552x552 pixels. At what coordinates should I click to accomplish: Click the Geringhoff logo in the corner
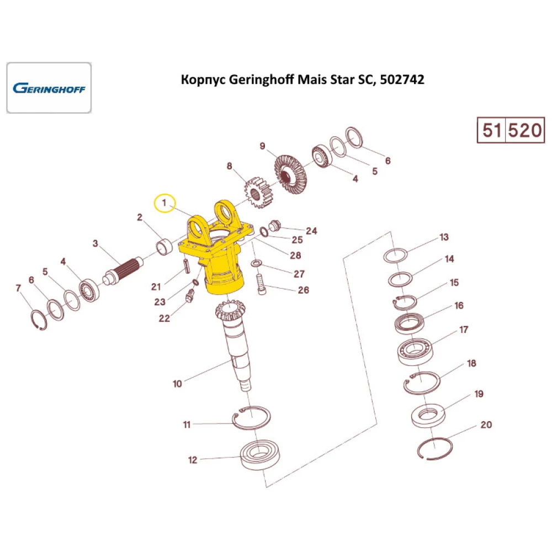pyautogui.click(x=49, y=88)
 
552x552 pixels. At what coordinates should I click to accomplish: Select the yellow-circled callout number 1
pyautogui.click(x=164, y=204)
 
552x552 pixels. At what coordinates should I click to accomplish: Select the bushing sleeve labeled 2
pyautogui.click(x=164, y=247)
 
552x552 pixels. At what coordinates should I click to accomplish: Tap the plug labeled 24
pyautogui.click(x=275, y=225)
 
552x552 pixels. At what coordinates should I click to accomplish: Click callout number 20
pyautogui.click(x=486, y=425)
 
